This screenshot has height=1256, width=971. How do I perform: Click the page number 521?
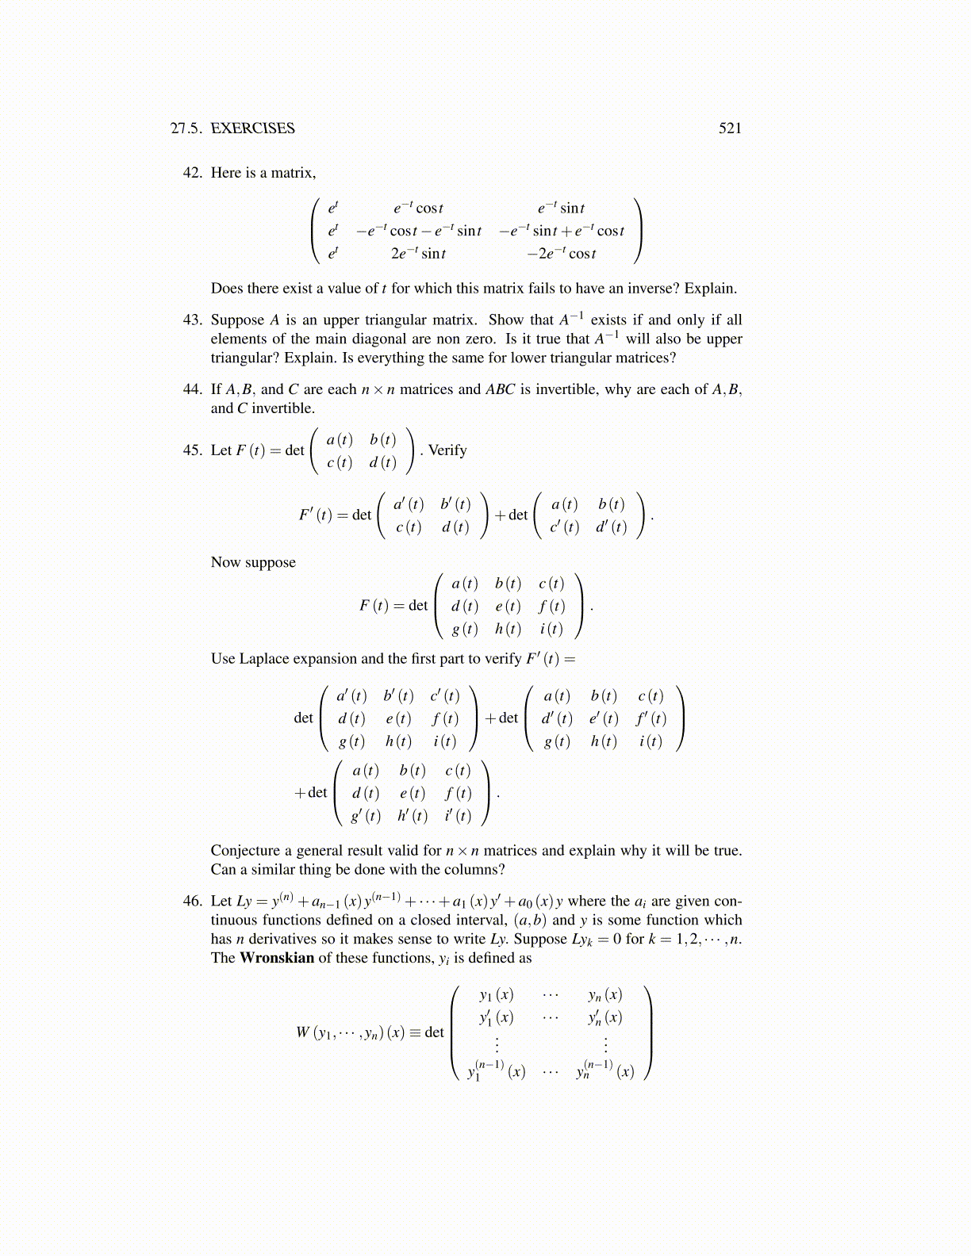click(730, 128)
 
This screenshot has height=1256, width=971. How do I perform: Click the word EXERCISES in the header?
click(252, 128)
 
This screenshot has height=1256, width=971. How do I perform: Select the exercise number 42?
click(193, 173)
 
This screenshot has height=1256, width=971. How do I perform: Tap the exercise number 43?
click(193, 320)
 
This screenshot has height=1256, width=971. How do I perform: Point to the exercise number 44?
click(193, 389)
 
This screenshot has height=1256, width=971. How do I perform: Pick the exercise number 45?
click(193, 450)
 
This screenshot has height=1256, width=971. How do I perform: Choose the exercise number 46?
click(193, 902)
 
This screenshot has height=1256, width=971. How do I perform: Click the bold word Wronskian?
click(277, 958)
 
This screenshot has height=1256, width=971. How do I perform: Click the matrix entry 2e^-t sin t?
click(418, 254)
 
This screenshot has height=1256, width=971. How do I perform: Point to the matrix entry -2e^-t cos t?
click(562, 254)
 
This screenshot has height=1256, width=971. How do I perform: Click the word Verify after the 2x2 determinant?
click(447, 450)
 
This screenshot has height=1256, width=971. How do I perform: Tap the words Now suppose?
click(253, 562)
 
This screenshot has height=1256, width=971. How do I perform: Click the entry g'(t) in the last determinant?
click(366, 816)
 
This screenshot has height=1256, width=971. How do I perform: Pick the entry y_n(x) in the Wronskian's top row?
click(605, 995)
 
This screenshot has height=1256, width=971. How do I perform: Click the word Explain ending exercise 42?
click(710, 289)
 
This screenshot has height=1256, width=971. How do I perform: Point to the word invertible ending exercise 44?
click(283, 409)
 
